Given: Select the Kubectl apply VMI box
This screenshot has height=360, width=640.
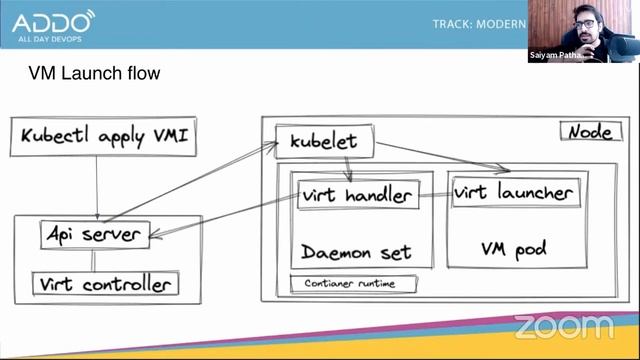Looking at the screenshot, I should tap(103, 137).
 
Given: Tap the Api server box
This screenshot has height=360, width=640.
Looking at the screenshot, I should tap(94, 234).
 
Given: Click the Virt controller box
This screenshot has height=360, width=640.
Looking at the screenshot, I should tap(106, 284).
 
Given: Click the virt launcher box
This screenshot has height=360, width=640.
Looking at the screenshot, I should tap(515, 192).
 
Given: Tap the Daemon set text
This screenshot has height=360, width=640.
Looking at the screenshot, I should tap(357, 252).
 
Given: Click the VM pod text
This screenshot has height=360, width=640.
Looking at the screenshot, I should tap(513, 249).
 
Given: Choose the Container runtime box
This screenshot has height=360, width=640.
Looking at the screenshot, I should tap(353, 284).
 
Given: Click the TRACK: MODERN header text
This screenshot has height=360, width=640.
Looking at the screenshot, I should tap(479, 24).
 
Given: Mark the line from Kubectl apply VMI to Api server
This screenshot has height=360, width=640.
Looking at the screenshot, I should tap(96, 188).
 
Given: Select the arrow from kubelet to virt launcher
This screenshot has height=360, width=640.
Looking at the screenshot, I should tap(445, 157).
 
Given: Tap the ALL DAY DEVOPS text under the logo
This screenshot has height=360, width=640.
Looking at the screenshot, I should tap(47, 41).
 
